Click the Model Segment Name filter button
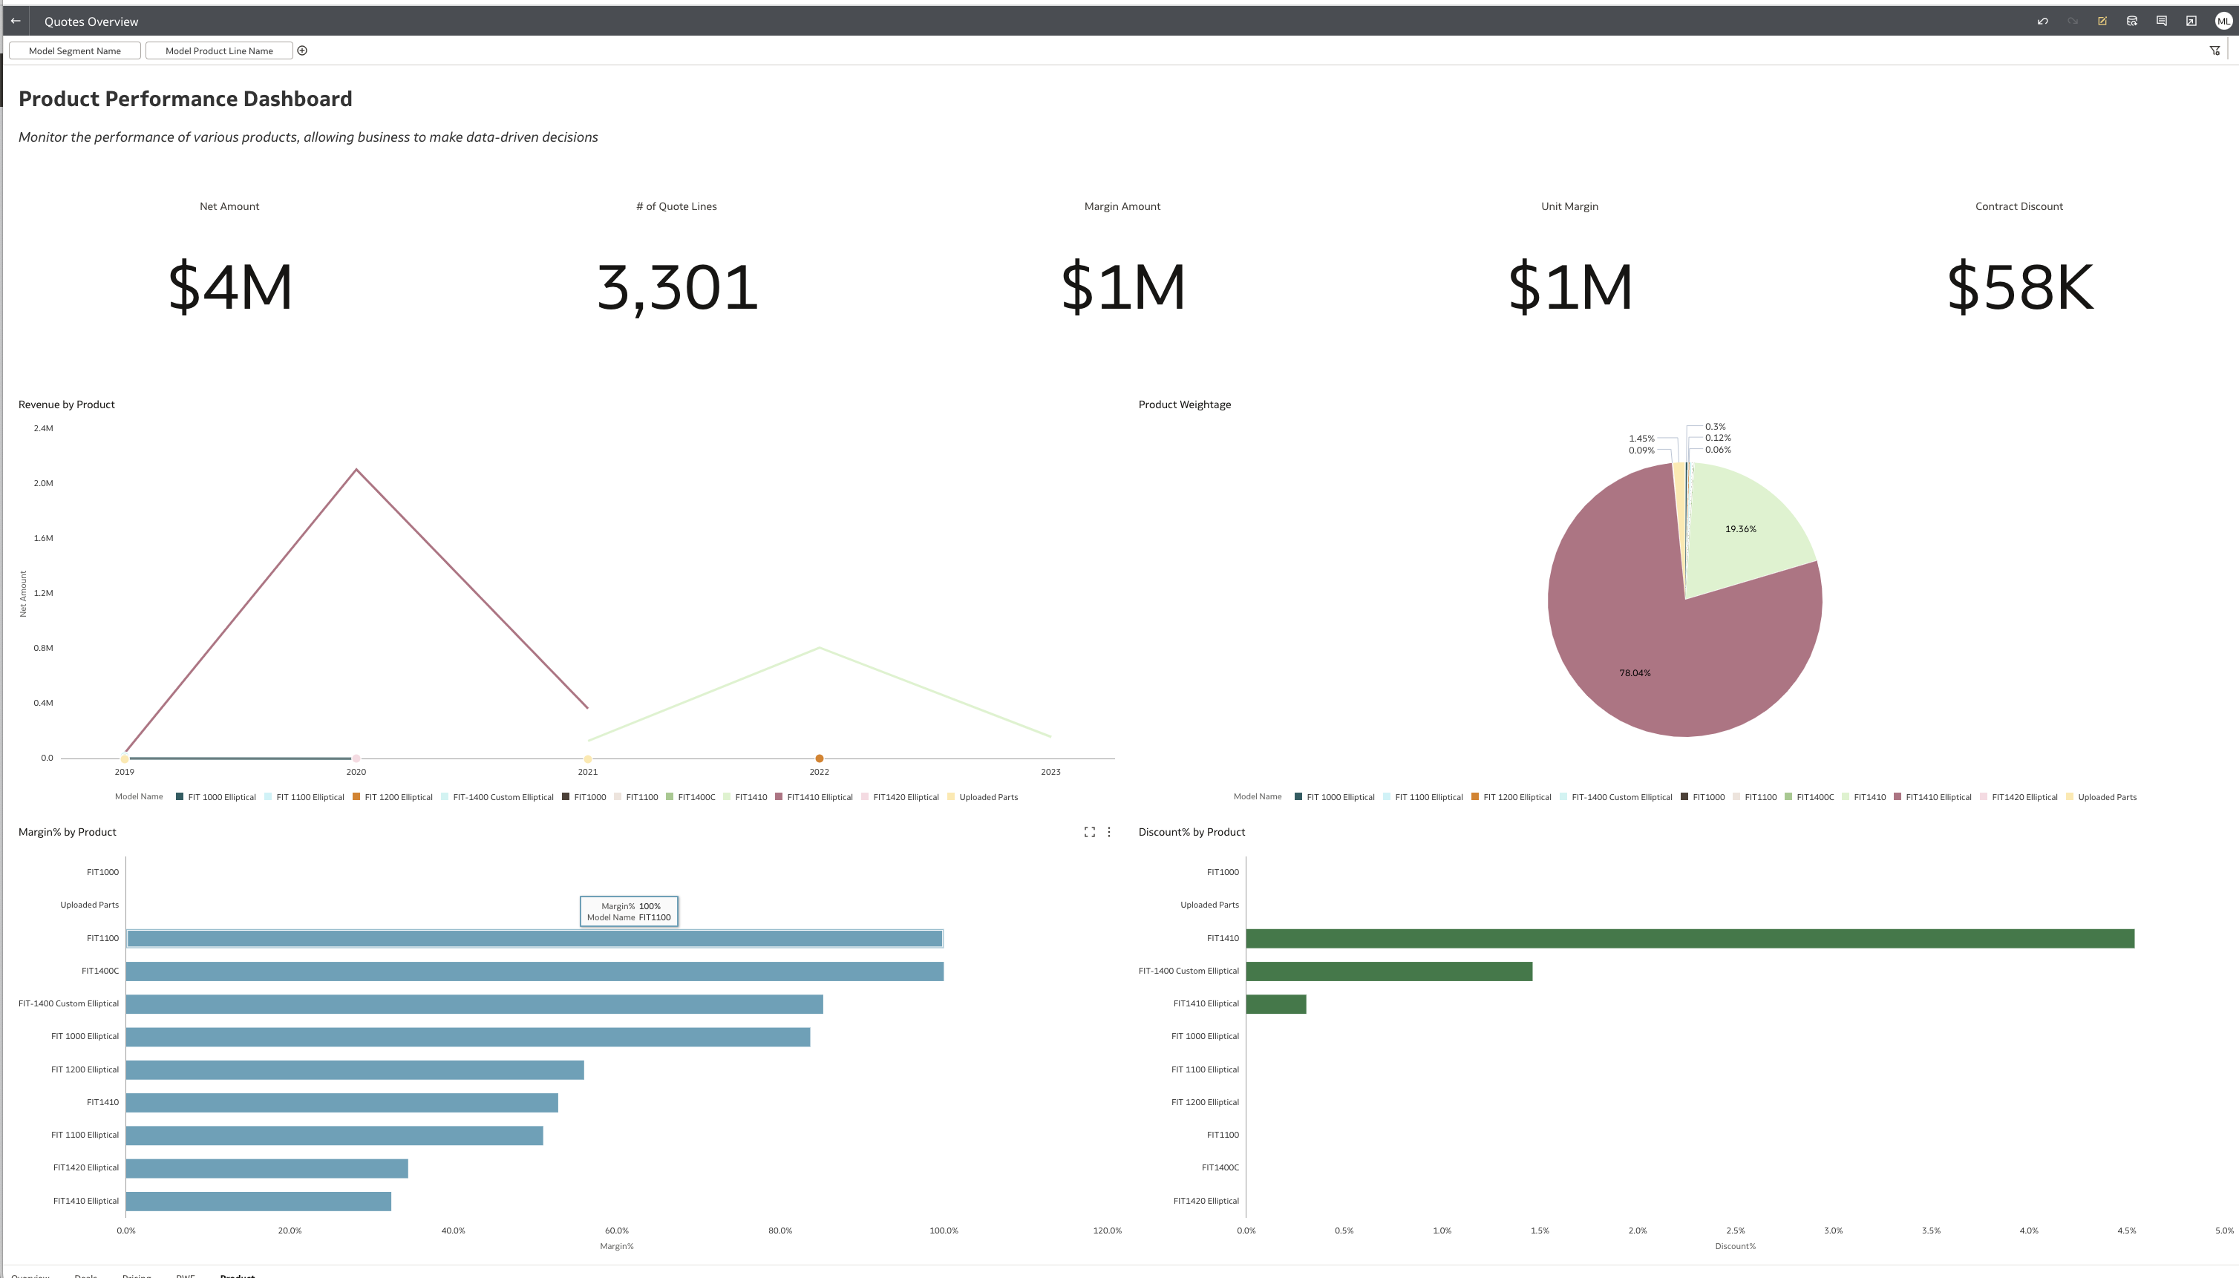[75, 51]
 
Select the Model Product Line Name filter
[219, 51]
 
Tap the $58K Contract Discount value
[2019, 287]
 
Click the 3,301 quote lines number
[677, 287]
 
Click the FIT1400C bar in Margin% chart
[535, 971]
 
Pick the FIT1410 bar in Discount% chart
[1690, 939]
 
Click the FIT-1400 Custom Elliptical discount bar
[1388, 971]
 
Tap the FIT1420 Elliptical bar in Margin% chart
[267, 1168]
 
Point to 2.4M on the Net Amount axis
[43, 428]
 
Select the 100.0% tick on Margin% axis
[944, 1231]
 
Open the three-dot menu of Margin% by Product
[1109, 832]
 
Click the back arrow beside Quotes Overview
[16, 21]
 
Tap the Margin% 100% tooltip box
[629, 911]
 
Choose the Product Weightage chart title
[1185, 404]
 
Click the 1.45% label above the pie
[1641, 439]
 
